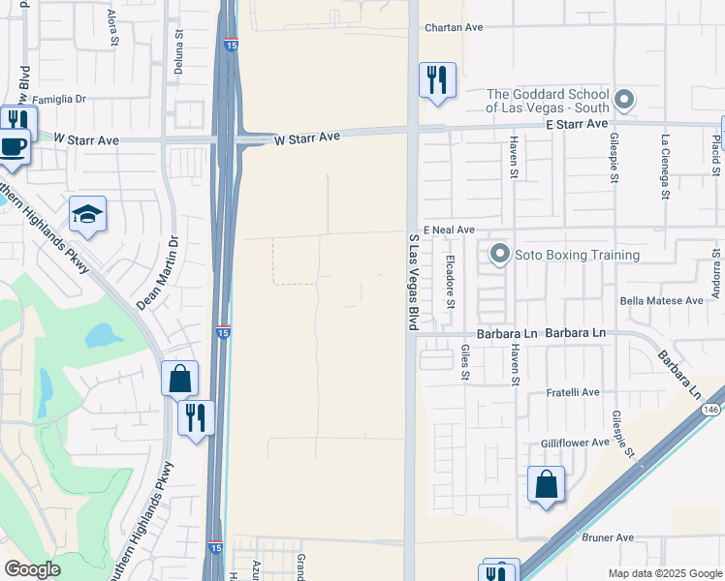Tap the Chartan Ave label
(x=453, y=27)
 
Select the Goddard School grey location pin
(x=625, y=99)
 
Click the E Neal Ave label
(x=448, y=229)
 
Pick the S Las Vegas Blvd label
(x=414, y=280)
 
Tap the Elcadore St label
(x=450, y=282)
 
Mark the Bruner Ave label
(x=607, y=537)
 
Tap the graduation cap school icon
(x=87, y=215)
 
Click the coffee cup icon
(x=13, y=147)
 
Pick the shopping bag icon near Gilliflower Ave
(x=547, y=483)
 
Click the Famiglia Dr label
(x=60, y=99)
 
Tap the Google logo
(x=32, y=569)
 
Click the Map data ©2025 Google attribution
(x=665, y=573)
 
